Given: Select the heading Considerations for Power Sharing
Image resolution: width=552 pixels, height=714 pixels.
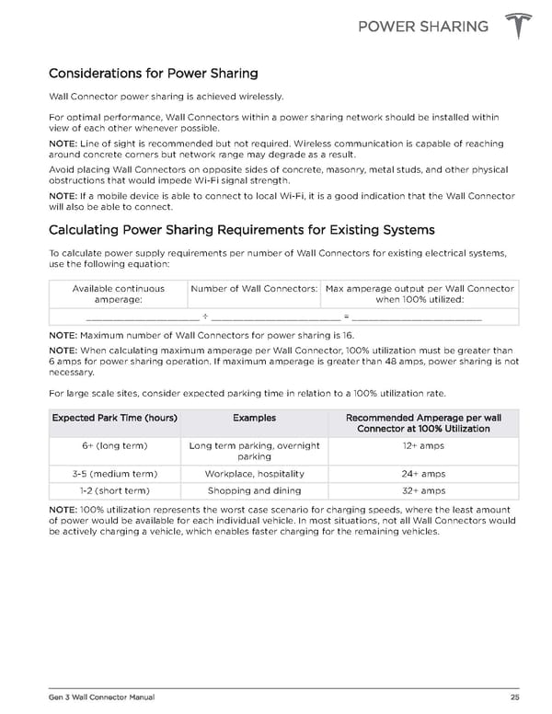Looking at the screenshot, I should pos(153,73).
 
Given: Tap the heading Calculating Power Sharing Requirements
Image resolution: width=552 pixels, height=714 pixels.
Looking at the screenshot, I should pos(241,229).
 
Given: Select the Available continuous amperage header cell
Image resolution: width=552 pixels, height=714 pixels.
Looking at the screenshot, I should pos(118,294).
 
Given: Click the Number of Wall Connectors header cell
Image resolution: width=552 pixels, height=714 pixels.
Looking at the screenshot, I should pos(254,289).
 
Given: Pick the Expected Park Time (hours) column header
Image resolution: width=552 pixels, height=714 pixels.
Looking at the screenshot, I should pos(115,418).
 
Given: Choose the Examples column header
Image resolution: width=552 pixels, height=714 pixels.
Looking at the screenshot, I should pos(254,418).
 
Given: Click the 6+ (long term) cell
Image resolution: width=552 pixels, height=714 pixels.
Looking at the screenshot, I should pos(115,445).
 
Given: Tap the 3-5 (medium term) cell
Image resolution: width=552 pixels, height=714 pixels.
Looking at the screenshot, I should pos(115,474).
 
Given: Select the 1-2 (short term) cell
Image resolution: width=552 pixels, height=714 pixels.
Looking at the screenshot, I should pos(115,491).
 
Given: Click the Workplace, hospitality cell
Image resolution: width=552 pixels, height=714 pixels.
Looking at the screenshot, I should pos(254,474).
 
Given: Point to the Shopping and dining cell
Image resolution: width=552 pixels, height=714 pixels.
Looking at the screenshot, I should pos(254,491).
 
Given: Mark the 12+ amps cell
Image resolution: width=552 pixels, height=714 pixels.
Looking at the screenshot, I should pos(423,445).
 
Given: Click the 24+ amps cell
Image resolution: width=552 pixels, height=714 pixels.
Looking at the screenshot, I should pos(423,474).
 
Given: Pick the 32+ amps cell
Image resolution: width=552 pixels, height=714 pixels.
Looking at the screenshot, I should pos(423,491).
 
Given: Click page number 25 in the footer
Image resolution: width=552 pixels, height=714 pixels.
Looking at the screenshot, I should pos(514,695).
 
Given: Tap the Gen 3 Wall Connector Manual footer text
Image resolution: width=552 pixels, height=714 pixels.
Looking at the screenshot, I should pos(89,695).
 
